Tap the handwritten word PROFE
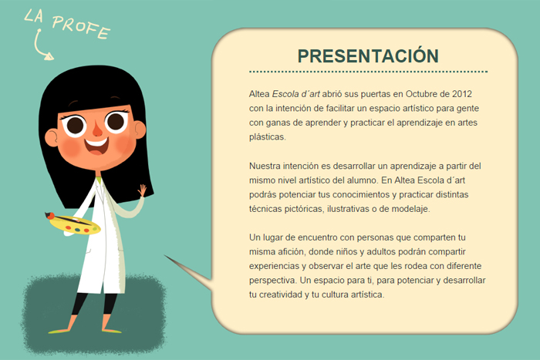click(81, 27)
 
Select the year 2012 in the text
click(462, 94)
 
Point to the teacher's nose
click(97, 129)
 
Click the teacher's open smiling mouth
click(96, 146)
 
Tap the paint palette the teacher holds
click(75, 225)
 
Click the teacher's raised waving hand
click(142, 190)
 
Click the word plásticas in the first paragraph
click(267, 137)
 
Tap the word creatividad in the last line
click(280, 294)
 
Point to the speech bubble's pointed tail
click(164, 256)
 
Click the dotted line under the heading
click(368, 72)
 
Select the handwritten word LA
click(34, 16)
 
